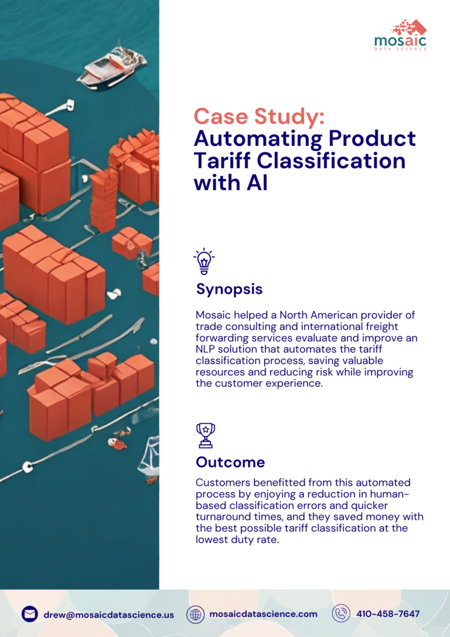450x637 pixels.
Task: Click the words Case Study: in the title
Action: pos(258,116)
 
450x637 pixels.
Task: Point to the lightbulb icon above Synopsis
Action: pos(204,261)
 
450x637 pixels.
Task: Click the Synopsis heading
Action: pos(229,289)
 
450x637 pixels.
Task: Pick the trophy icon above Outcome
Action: pos(205,435)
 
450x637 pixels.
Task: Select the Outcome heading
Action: pos(230,462)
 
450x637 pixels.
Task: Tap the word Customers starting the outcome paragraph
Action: pos(221,483)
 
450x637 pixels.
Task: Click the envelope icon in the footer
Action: pos(30,614)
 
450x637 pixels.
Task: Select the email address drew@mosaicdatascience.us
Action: pos(108,615)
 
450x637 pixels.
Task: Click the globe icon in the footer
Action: pos(196,614)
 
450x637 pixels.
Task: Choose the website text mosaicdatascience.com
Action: pos(263,614)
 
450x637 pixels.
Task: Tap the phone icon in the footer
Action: pos(340,614)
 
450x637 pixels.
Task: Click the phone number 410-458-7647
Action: pos(388,614)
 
